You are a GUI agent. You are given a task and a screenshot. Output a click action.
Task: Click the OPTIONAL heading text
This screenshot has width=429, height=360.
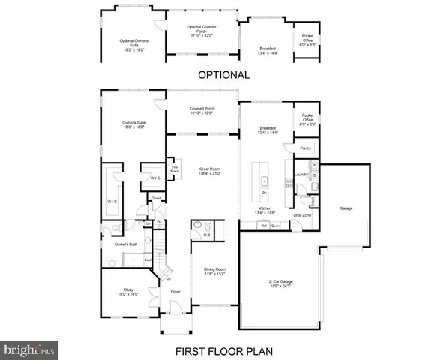pos(223,75)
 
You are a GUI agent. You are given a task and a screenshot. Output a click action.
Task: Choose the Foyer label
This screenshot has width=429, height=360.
pos(175,292)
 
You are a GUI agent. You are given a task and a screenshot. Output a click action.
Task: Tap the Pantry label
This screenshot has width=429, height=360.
pos(305,148)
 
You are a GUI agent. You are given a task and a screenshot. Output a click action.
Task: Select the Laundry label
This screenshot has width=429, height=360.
pos(302,175)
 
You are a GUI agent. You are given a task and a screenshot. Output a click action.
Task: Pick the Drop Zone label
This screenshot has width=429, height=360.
pos(303,215)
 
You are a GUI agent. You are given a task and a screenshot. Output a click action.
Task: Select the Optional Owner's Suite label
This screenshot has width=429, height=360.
pos(132,43)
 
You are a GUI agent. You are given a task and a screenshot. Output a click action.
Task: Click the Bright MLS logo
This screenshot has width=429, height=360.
pos(29,349)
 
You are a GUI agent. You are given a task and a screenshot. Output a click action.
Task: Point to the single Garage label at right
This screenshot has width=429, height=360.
pos(346,208)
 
